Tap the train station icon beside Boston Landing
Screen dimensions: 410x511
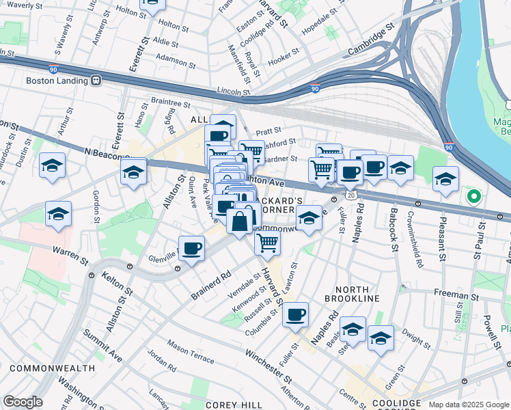96,80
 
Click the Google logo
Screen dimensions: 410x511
23,402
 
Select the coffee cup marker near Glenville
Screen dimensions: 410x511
192,248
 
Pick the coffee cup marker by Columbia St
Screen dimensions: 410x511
296,314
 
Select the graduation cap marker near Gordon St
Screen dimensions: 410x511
59,214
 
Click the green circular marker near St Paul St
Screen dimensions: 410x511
473,197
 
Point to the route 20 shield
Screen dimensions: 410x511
350,195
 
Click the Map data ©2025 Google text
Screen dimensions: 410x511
468,405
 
